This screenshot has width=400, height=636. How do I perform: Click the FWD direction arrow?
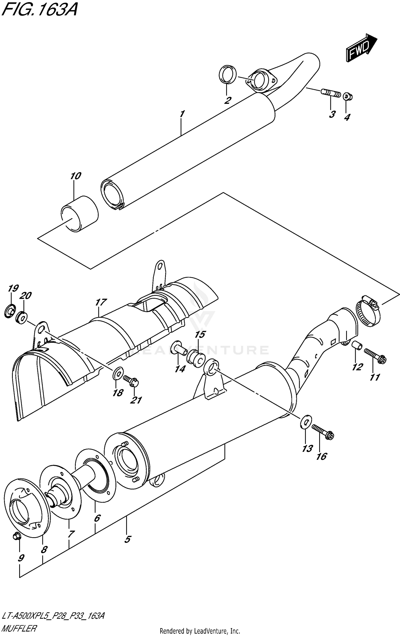click(x=361, y=48)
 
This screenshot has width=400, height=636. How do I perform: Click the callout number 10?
click(x=75, y=176)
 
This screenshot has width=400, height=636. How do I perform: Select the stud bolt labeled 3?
click(x=331, y=93)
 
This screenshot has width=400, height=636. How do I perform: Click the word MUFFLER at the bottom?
click(x=19, y=626)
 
